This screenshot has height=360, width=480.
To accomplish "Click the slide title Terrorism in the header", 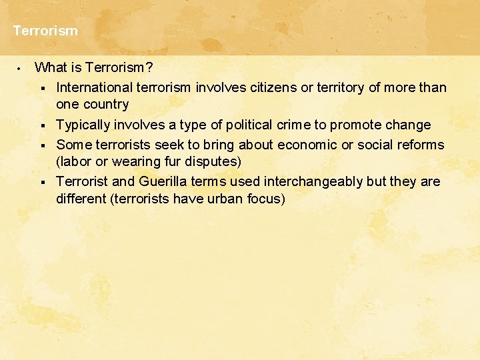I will click(x=45, y=31).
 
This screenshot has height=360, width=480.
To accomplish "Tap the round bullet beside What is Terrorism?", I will click(x=20, y=67).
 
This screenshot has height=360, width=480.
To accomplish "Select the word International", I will click(x=94, y=87).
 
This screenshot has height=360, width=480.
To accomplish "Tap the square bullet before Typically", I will click(x=41, y=125).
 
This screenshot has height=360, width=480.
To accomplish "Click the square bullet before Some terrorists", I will click(x=41, y=145).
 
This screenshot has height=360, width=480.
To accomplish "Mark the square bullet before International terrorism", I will click(x=41, y=88).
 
